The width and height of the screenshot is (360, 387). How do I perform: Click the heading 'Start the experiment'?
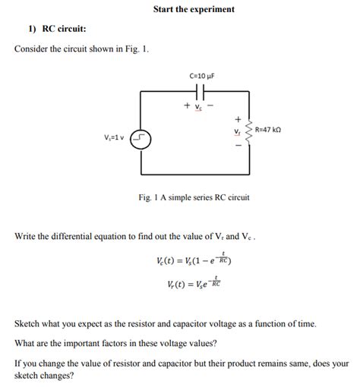(194, 9)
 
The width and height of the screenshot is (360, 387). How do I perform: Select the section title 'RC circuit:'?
(63, 29)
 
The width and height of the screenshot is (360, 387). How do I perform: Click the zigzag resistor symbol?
(247, 131)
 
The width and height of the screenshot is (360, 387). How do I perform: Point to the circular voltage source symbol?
(141, 139)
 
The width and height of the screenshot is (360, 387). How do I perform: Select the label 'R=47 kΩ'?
(269, 130)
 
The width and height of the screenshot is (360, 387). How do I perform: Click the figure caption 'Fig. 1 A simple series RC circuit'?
(194, 197)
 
